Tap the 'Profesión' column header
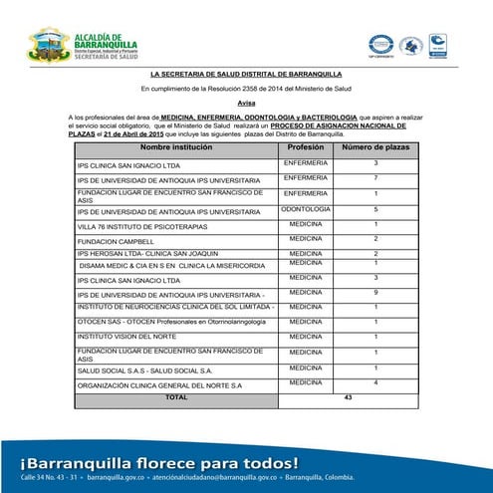coord(306,147)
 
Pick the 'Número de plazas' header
coord(375,147)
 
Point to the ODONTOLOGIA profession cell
coord(306,210)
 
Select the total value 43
coord(348,396)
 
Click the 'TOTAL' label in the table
coord(176,396)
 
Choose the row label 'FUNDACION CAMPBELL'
coord(115,241)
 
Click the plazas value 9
coord(375,293)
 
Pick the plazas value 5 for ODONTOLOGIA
coord(375,210)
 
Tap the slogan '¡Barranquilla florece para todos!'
coord(157,463)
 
